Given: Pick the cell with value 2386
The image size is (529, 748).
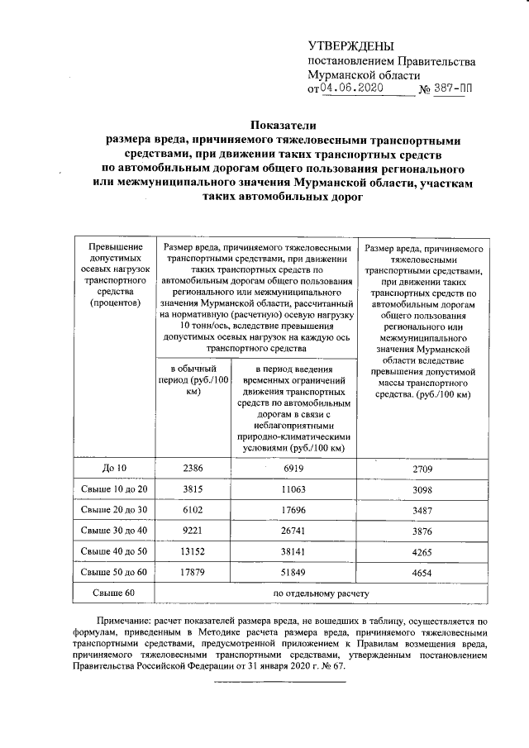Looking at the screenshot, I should coord(191,469).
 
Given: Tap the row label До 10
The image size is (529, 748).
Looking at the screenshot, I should coord(114,469).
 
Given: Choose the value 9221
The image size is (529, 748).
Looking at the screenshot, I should coord(191,530).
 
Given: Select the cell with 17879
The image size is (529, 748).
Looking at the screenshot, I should coord(191,571).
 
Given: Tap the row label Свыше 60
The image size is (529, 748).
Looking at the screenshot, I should coord(114,593).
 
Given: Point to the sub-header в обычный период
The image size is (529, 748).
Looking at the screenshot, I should coord(192,381).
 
